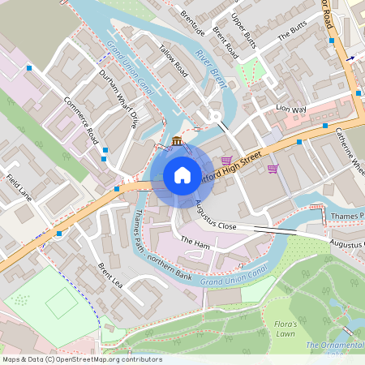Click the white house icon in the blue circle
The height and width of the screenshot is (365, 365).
(182, 175)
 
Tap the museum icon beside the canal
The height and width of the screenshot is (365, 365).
(177, 142)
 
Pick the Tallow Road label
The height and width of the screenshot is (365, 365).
(174, 61)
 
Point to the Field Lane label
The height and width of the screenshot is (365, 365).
(19, 187)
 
